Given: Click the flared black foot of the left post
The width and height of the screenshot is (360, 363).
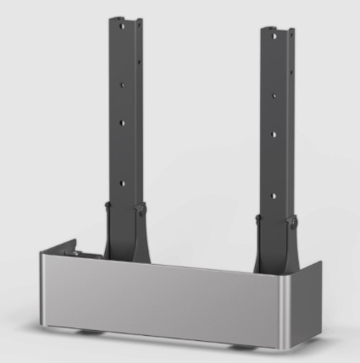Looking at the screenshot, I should click(x=125, y=237).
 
